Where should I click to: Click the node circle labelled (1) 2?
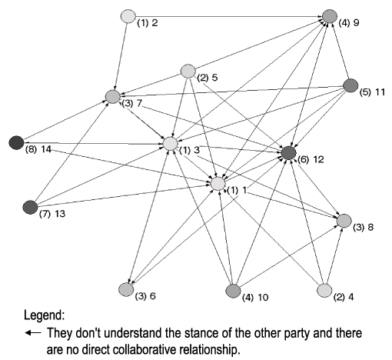[128, 16]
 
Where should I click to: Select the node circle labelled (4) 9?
[330, 16]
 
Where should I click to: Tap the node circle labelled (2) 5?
[188, 71]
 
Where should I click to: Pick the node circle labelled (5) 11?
[350, 85]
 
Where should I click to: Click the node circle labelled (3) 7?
[113, 97]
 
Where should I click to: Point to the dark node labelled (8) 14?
[16, 142]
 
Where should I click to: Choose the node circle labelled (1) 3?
[171, 143]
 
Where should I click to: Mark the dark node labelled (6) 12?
[289, 153]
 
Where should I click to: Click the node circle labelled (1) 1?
[218, 184]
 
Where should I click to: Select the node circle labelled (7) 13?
[30, 207]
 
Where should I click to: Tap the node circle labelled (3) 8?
[344, 221]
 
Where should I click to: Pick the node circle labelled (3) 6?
[126, 289]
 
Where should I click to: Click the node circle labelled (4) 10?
[233, 291]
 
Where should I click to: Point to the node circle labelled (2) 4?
[324, 290]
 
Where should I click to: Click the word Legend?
[44, 315]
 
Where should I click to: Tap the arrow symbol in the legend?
[33, 333]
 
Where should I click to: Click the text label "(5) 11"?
[372, 92]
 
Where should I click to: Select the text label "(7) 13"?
[52, 214]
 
